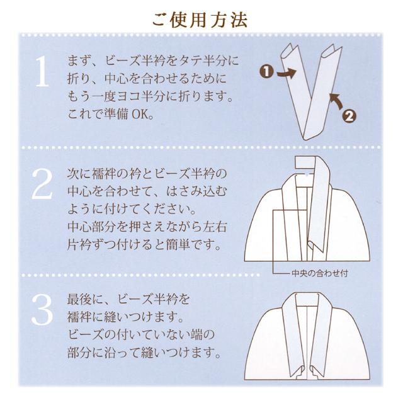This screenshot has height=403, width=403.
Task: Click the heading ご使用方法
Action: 201,18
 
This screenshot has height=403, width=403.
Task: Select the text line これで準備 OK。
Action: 113,116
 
